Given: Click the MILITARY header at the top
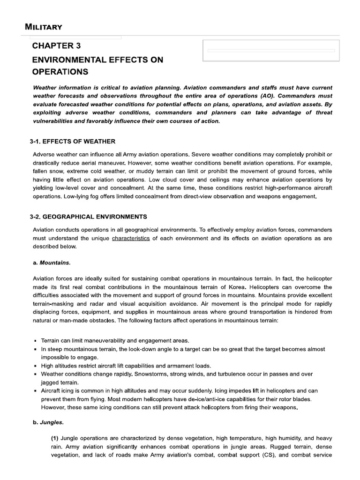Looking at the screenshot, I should coord(44,27).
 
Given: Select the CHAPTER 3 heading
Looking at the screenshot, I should coord(53,46).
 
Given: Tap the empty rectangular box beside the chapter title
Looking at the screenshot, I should coord(270,51).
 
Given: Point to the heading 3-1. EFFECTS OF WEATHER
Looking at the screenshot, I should coord(74,142).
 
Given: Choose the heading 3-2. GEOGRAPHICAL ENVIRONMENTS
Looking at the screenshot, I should coord(90,217).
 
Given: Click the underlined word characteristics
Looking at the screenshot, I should coord(131,238).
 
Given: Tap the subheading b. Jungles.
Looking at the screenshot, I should coord(48,422).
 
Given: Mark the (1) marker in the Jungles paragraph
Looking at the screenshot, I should coord(55,438).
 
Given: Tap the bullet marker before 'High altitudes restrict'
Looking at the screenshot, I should coord(36,366).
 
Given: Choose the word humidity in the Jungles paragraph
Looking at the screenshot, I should coord(273,438).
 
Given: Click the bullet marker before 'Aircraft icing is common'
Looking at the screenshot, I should coord(36,391).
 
